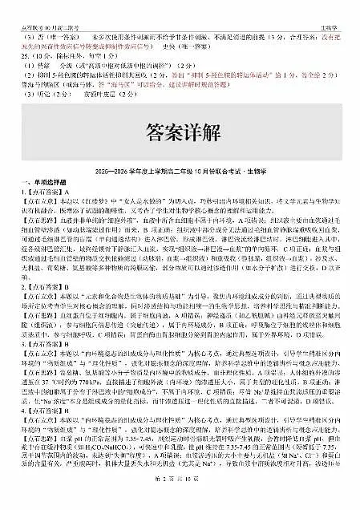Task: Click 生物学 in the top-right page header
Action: pos(341,6)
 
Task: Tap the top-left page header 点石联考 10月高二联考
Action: pos(39,6)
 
